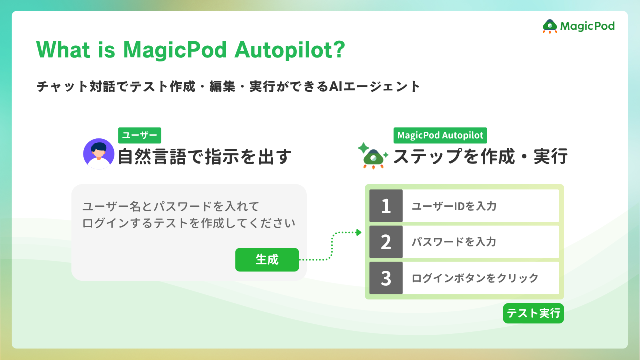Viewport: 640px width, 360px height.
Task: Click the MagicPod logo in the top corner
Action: point(579,26)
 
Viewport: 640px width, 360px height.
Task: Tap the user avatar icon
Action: point(99,154)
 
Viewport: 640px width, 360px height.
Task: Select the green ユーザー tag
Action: point(139,135)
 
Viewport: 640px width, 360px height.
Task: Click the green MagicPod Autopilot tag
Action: point(440,135)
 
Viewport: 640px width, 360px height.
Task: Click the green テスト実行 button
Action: point(533,313)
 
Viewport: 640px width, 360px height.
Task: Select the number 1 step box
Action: point(386,206)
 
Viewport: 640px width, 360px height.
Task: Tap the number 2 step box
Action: point(386,242)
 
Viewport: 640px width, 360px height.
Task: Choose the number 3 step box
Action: point(386,278)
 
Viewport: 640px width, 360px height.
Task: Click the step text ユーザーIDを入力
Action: point(454,206)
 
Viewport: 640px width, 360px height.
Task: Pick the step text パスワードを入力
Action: point(454,242)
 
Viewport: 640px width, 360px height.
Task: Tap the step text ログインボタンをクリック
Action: point(475,278)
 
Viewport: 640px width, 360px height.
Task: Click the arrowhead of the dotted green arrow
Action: point(358,232)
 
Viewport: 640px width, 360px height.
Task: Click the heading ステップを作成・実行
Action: point(480,156)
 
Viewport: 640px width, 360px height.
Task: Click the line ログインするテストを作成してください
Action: point(189,223)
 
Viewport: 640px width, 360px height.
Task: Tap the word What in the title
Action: point(62,50)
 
